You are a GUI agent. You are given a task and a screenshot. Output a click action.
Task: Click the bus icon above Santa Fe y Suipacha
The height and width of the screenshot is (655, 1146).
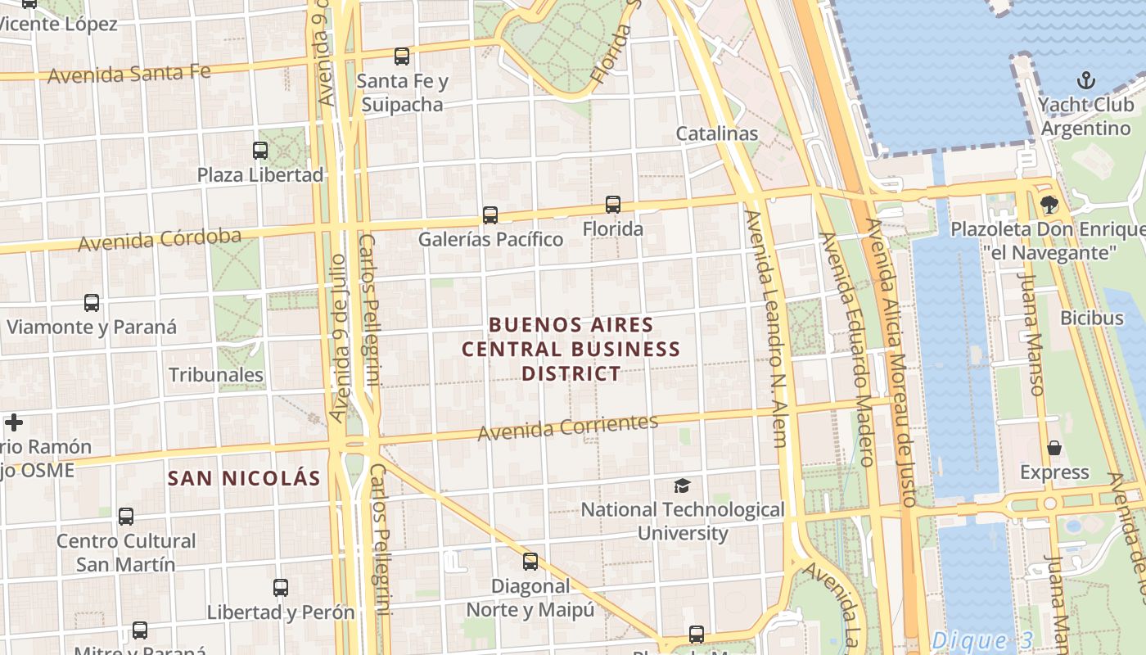point(401,56)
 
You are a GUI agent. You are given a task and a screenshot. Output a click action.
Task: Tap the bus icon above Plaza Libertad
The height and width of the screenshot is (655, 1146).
point(260,151)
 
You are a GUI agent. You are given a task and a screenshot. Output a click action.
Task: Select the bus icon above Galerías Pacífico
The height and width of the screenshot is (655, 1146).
point(490,215)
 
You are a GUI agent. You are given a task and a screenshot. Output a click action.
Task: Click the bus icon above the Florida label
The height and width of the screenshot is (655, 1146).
point(613,205)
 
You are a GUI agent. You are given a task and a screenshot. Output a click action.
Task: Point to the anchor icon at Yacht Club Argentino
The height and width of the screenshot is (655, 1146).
point(1085,80)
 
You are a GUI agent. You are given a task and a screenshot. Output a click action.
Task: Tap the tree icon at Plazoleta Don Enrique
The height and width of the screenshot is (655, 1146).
point(1049,205)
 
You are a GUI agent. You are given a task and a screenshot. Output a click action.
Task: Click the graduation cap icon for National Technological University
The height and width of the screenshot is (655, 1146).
point(682,486)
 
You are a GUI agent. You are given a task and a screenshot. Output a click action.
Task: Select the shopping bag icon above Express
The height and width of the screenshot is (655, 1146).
point(1054,448)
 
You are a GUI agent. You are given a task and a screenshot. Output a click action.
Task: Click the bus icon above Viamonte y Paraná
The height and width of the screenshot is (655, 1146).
point(92,303)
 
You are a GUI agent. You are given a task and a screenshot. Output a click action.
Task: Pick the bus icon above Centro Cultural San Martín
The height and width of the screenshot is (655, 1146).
point(125,517)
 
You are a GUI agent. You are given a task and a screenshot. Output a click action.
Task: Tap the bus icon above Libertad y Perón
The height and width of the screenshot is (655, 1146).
point(281,587)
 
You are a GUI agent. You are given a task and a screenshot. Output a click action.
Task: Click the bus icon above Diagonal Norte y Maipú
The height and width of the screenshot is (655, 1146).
point(530,562)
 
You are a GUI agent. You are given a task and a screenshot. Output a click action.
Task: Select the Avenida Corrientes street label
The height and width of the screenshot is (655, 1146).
point(568,427)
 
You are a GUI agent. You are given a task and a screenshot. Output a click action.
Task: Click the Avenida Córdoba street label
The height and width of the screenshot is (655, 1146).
point(160,240)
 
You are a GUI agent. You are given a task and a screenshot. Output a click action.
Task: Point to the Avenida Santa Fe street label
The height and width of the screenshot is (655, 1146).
point(129,74)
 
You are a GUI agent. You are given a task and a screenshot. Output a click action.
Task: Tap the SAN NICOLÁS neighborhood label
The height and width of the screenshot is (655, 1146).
point(244,478)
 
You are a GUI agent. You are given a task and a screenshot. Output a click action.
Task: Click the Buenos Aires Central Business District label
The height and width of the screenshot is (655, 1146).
point(571,349)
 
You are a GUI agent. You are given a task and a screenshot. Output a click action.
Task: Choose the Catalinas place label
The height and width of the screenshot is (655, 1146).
point(717,133)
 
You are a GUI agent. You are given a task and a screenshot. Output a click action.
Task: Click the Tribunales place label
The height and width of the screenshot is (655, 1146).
point(216,375)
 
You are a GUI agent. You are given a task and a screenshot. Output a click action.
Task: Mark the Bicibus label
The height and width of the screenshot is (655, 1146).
point(1092,318)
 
